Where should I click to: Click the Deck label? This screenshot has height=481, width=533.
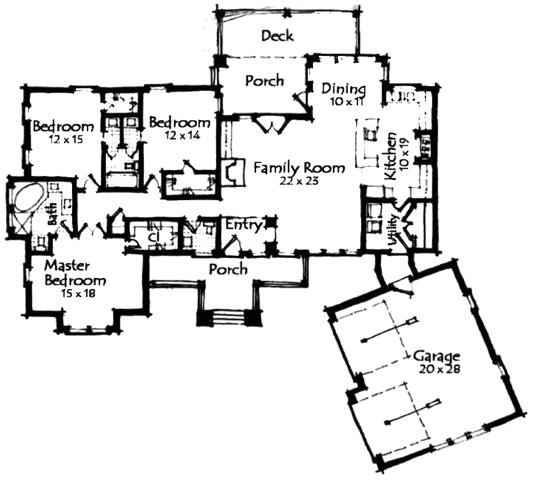coord(277,36)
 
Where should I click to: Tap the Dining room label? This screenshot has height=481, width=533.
coord(343,89)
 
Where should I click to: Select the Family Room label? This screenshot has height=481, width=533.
coord(299,168)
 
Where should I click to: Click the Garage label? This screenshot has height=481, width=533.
coord(437,357)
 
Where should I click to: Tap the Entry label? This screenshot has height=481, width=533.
coord(244,225)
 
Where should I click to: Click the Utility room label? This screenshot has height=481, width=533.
coord(393,230)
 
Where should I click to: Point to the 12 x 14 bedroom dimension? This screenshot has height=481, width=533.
coord(182,135)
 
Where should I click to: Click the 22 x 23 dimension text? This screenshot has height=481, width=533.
coord(299,181)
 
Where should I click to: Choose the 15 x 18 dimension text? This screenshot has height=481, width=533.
coord(76,293)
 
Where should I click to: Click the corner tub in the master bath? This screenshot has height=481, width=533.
coord(27,199)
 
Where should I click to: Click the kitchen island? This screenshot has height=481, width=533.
coord(368,143)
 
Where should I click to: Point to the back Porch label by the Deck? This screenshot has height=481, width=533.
coord(265,81)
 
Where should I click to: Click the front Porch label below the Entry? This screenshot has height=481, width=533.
coord(228,269)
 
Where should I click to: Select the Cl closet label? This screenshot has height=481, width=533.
coord(154,237)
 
